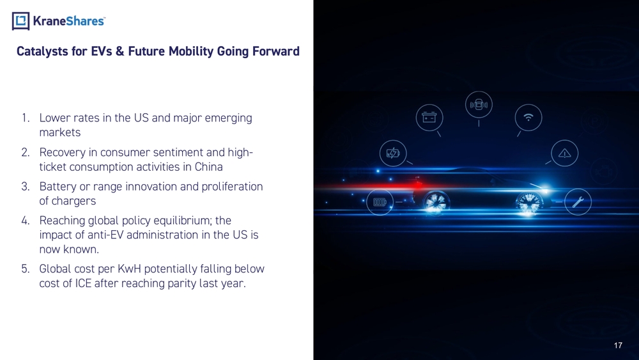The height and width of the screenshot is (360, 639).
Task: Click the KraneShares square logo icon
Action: (x=21, y=21)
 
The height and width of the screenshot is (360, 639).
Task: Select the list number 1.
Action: (x=26, y=118)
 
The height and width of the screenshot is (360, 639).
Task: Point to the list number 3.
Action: (x=26, y=186)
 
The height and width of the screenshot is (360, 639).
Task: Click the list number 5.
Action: (x=26, y=269)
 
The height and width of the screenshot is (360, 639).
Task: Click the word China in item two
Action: (x=209, y=167)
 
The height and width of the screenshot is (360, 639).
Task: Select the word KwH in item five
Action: (x=129, y=269)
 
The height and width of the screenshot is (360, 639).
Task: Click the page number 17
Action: (x=618, y=345)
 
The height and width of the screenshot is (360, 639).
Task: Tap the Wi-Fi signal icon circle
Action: (x=528, y=118)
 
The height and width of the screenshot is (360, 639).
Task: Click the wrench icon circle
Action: (x=578, y=202)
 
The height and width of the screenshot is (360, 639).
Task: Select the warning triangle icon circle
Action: (x=564, y=153)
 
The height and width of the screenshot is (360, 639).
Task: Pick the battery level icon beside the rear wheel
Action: (x=380, y=202)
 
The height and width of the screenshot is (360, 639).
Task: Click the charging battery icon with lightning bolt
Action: (x=393, y=153)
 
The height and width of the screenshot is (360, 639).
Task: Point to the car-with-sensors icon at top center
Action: (x=479, y=104)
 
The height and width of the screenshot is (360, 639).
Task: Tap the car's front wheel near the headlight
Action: (x=529, y=203)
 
